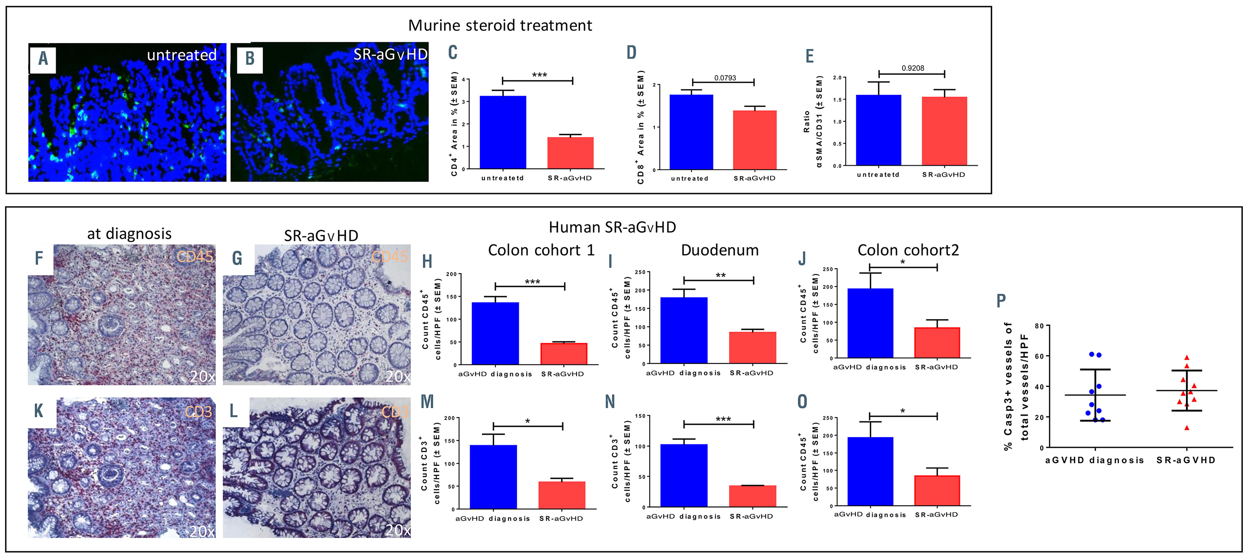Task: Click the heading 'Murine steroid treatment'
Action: tap(500, 25)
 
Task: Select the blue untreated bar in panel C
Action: tap(502, 132)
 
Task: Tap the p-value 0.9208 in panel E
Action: tap(913, 68)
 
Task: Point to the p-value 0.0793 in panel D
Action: tap(725, 77)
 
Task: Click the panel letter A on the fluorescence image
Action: tap(43, 59)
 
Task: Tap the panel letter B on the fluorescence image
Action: tap(249, 59)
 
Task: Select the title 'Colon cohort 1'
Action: tap(541, 250)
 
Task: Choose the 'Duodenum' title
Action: tap(720, 250)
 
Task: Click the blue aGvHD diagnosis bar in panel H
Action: tap(495, 333)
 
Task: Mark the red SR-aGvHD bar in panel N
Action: tap(752, 496)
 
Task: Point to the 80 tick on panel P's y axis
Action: tap(1039, 326)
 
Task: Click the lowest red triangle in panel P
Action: tap(1186, 427)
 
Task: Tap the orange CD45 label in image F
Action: tap(194, 257)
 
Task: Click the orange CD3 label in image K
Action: tap(198, 412)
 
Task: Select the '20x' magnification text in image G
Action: tap(397, 376)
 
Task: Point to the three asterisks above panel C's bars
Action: tap(539, 75)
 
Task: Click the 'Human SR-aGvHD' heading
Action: tap(612, 227)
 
